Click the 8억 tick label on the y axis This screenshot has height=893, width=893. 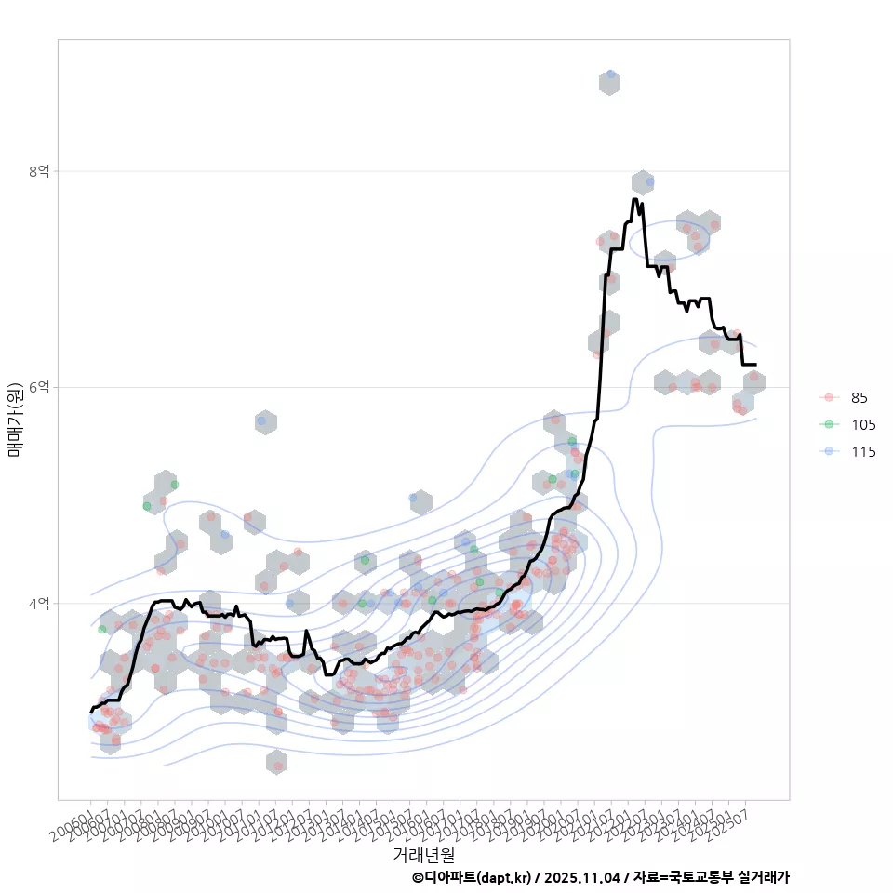pos(38,171)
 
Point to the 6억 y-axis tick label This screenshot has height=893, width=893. pos(38,387)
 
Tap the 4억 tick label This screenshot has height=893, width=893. pos(38,604)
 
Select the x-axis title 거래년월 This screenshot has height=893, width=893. pos(424,853)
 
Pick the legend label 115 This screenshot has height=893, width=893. pos(863,452)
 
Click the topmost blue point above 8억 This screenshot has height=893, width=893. pos(610,74)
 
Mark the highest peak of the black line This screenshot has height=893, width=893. pos(634,199)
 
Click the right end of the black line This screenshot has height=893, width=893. pos(755,364)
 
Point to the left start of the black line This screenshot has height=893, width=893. pos(91,712)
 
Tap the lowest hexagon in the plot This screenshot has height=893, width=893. pos(276,762)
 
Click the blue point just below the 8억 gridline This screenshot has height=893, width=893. pos(649,180)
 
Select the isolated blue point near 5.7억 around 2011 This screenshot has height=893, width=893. pos(261,421)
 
